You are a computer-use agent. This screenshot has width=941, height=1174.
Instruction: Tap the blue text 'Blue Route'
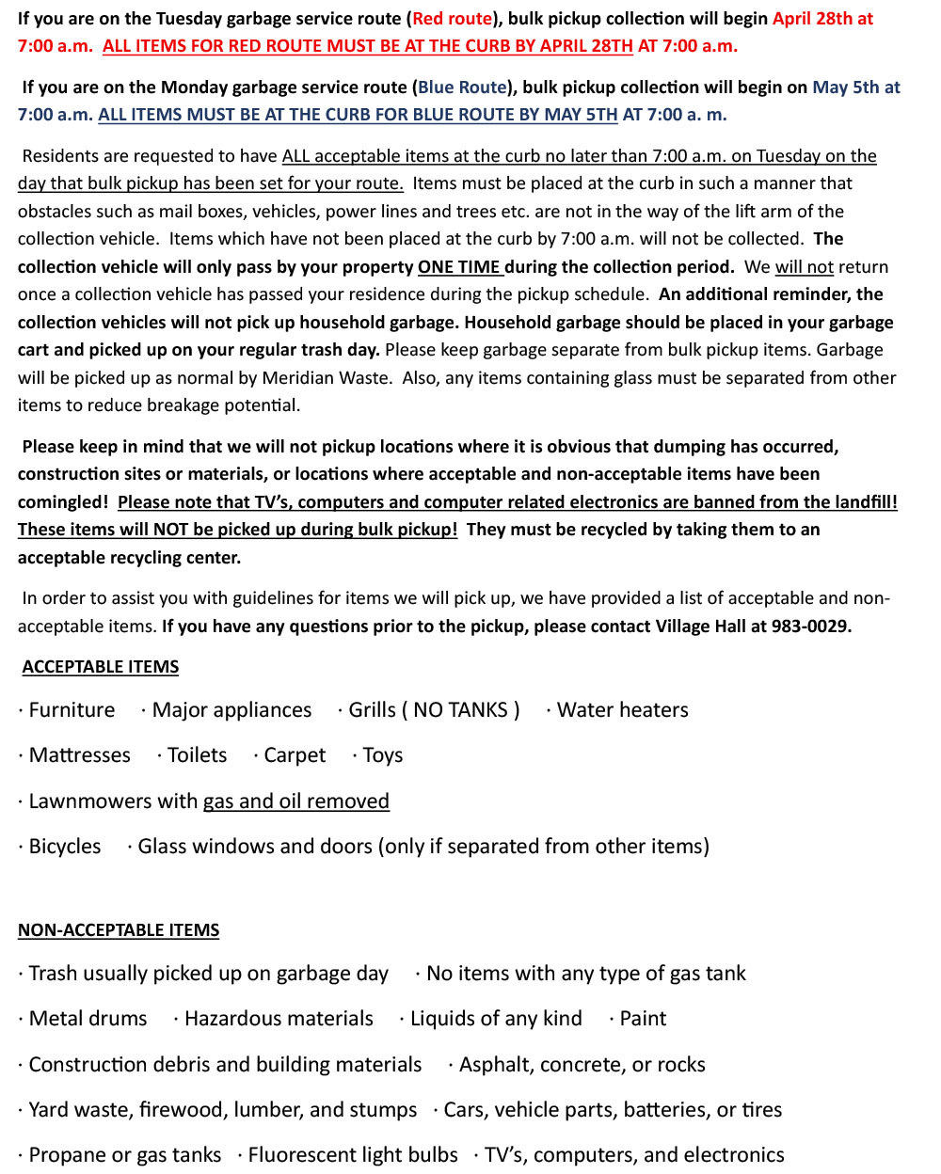[x=462, y=87]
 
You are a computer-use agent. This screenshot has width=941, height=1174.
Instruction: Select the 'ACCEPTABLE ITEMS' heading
[x=100, y=667]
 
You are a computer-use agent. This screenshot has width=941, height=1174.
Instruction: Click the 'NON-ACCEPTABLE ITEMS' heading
[x=119, y=930]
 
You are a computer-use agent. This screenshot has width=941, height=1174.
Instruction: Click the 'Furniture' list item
[x=72, y=710]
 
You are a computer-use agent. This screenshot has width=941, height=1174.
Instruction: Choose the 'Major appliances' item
[x=231, y=710]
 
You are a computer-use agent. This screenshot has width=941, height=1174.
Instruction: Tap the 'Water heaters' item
[x=622, y=710]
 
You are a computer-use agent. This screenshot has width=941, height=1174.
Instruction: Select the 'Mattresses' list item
[x=79, y=755]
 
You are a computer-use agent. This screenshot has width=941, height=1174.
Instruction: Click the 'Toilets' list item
[x=197, y=755]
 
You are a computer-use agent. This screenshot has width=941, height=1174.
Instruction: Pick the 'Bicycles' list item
[x=64, y=847]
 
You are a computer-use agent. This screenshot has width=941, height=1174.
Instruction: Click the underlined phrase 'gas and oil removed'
[x=296, y=801]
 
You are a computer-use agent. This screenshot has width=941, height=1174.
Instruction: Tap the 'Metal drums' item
[x=88, y=1019]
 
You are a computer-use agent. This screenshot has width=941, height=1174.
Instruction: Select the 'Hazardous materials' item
[x=279, y=1019]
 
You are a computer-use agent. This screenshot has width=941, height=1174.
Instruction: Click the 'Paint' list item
[x=643, y=1019]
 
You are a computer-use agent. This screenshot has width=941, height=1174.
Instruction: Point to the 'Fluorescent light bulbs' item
[x=353, y=1155]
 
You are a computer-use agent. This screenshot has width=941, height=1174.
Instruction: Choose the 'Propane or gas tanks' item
[x=125, y=1155]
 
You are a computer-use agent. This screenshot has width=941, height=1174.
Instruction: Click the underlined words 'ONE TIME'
[x=459, y=267]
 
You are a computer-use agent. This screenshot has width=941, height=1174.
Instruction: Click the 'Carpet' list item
[x=295, y=755]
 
